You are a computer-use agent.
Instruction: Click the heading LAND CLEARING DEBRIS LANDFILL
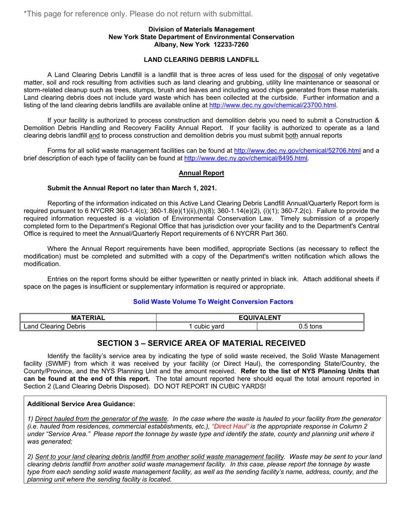click(x=201, y=59)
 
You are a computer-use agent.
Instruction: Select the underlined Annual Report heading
click(x=201, y=173)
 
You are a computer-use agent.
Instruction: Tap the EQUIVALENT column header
click(x=260, y=318)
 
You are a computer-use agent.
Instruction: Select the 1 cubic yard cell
click(x=207, y=326)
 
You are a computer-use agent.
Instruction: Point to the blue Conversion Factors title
click(x=213, y=302)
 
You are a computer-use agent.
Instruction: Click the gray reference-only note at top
click(x=138, y=14)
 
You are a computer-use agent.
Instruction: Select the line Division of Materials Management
click(x=201, y=29)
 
